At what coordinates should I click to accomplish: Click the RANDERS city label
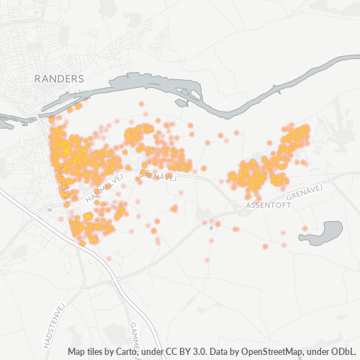59,78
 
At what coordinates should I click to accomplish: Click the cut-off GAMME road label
135,333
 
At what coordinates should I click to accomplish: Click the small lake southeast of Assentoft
325,233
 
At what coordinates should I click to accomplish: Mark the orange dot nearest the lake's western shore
305,229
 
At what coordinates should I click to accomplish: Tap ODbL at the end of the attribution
345,352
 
